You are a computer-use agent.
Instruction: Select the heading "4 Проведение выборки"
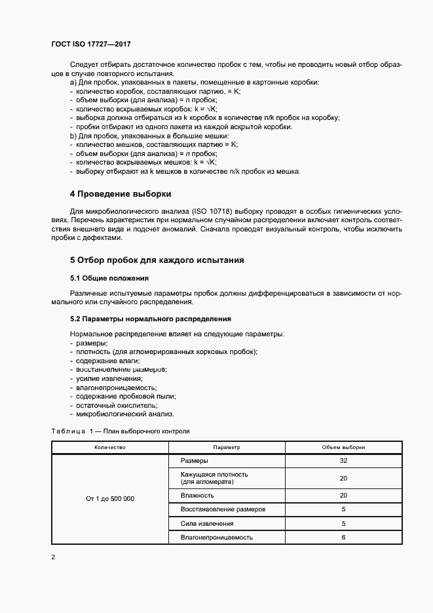(121, 194)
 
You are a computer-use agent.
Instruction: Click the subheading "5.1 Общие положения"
(109, 279)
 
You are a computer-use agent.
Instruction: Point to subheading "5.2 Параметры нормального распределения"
(150, 319)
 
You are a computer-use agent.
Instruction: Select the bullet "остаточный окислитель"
(110, 405)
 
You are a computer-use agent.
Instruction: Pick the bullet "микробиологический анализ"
(124, 414)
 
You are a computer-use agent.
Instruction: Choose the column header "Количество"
(110, 446)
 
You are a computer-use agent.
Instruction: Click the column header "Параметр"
(227, 446)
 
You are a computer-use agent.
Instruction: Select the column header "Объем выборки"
(343, 446)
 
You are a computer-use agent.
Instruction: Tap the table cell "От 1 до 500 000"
(110, 499)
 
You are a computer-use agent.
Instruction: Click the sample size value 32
(343, 461)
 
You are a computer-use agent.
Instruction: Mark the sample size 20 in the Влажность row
(343, 495)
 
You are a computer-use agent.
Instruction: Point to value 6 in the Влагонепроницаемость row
(343, 538)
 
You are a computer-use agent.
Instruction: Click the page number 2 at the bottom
(54, 557)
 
